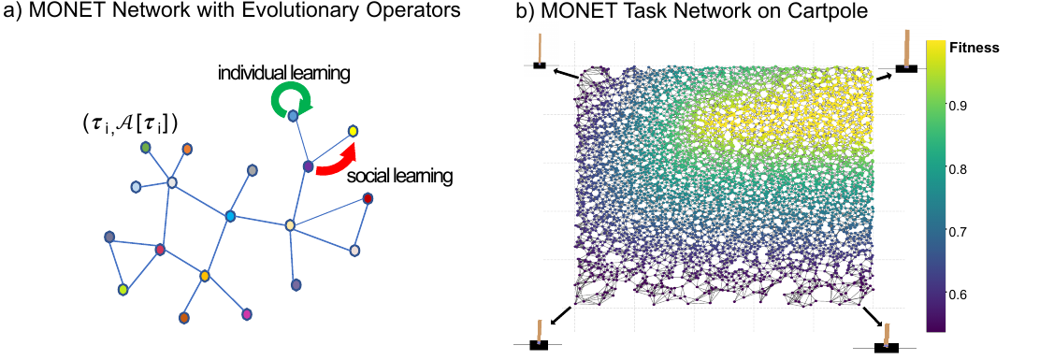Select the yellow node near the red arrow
[x=353, y=130]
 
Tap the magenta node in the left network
[x=247, y=314]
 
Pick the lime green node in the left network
[x=123, y=290]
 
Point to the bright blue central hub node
[x=230, y=216]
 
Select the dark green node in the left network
[x=145, y=147]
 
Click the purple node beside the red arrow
[x=308, y=166]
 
